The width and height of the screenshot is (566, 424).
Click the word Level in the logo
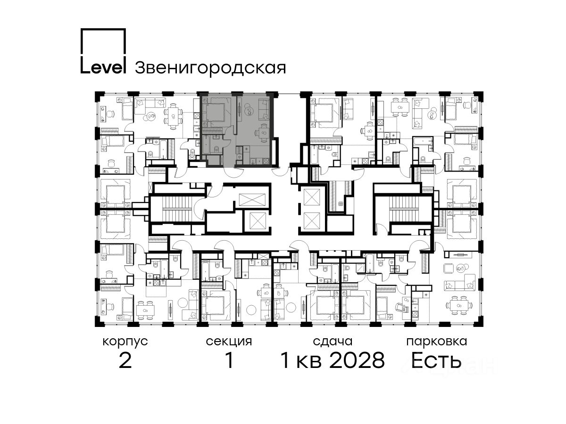[x=103, y=67]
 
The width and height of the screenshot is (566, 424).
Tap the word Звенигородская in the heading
[x=210, y=68]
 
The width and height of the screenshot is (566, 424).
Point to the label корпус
[x=125, y=342]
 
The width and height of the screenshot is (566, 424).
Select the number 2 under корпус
[x=125, y=361]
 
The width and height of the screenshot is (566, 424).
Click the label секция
[x=229, y=342]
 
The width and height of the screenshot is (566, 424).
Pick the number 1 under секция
[x=229, y=361]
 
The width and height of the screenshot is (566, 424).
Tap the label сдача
[x=333, y=342]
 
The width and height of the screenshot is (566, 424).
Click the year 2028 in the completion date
[x=357, y=361]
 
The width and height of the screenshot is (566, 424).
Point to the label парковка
[x=437, y=342]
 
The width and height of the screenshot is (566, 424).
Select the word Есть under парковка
[x=436, y=361]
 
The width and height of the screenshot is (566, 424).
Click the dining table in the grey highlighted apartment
[x=263, y=133]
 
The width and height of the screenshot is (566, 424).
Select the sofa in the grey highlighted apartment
[x=263, y=109]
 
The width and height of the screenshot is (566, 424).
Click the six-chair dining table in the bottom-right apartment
[x=459, y=306]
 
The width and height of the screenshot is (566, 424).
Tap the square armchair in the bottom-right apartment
[x=449, y=269]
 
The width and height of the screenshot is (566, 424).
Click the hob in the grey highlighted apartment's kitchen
[x=266, y=161]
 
